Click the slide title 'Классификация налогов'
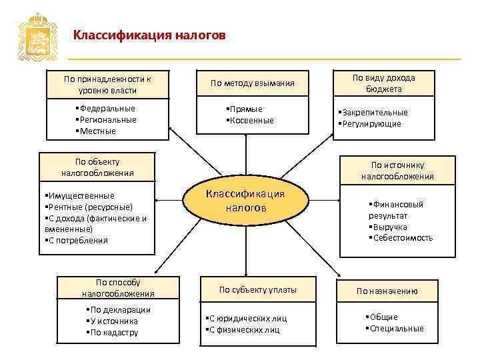point(149,34)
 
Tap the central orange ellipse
point(245,201)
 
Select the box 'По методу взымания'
point(252,83)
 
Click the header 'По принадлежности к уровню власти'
point(107,85)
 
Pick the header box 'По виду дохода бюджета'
point(383,83)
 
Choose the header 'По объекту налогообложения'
point(97,167)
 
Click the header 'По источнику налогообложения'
point(397,171)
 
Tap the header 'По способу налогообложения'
point(118,287)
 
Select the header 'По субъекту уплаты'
point(258,289)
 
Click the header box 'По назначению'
point(387,291)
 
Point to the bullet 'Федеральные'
point(107,108)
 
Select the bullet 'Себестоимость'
point(402,237)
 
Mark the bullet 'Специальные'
point(395,328)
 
